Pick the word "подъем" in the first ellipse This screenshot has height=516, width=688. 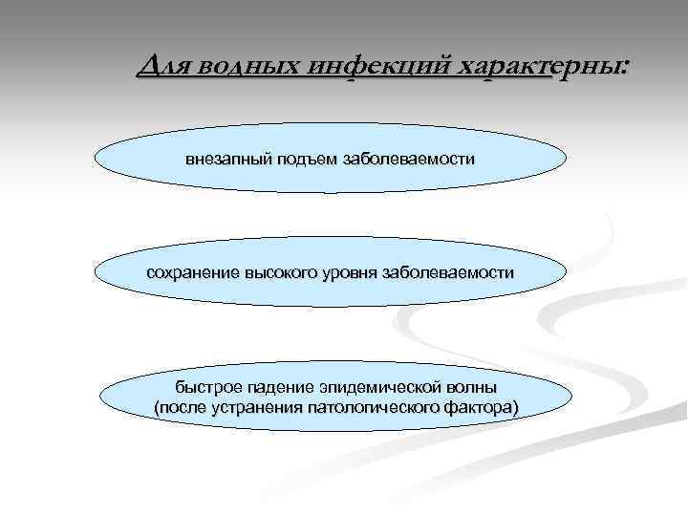[x=308, y=158]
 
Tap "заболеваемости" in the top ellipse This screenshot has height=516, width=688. [x=406, y=158]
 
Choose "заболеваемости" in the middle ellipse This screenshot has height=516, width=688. [x=447, y=273]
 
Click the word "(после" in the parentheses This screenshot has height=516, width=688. [x=177, y=409]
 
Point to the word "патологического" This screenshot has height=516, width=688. [x=368, y=409]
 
